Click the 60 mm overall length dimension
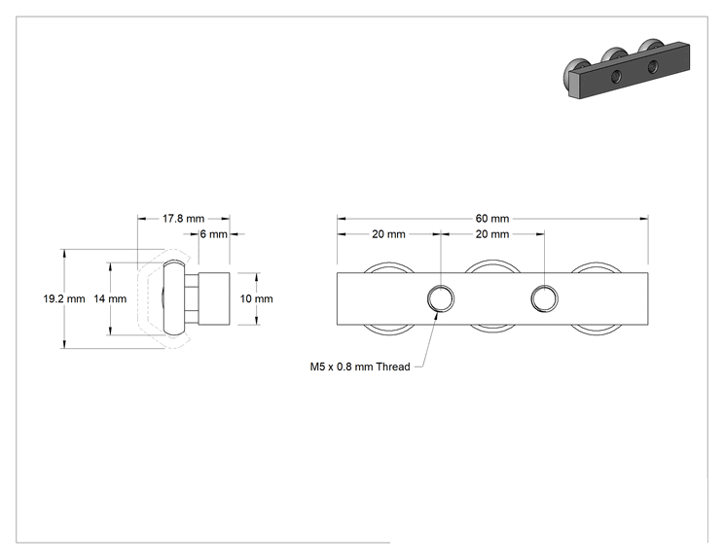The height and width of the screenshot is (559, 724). click(x=492, y=218)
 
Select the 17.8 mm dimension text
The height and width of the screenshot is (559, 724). click(x=183, y=218)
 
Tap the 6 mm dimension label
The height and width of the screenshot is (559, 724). click(x=214, y=234)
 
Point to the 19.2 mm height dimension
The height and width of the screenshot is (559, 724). click(x=64, y=298)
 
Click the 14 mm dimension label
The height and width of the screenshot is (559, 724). click(x=110, y=298)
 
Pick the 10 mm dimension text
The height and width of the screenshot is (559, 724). click(x=256, y=298)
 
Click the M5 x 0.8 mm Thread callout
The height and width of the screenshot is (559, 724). click(x=360, y=367)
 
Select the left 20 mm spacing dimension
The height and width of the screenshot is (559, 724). click(x=389, y=234)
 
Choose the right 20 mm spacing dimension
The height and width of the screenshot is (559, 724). click(x=492, y=234)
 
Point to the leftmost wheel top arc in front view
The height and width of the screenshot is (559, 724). click(x=389, y=263)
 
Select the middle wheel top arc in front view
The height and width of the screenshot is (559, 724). click(x=492, y=262)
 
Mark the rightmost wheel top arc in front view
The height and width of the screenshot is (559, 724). click(x=597, y=263)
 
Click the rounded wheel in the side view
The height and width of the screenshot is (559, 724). click(x=174, y=297)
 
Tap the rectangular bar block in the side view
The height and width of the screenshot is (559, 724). click(x=214, y=298)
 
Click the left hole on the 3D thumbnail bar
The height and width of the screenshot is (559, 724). click(x=616, y=77)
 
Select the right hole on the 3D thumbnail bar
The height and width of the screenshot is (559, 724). click(x=652, y=66)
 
